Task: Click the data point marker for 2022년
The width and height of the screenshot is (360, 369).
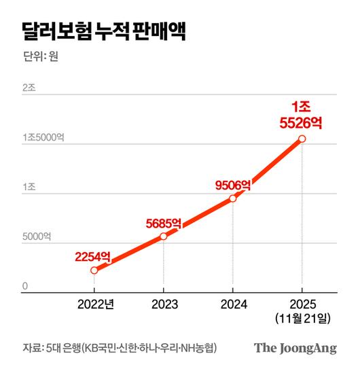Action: pos(94,270)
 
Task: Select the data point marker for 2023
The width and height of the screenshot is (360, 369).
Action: pos(163,236)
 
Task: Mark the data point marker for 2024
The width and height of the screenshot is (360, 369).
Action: pos(233,198)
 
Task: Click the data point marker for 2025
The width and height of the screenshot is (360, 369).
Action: pos(302,139)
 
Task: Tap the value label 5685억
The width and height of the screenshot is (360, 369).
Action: pos(163,222)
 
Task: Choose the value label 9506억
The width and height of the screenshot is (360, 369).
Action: pos(232,183)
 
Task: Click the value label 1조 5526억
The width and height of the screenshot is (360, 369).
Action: pos(300,115)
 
